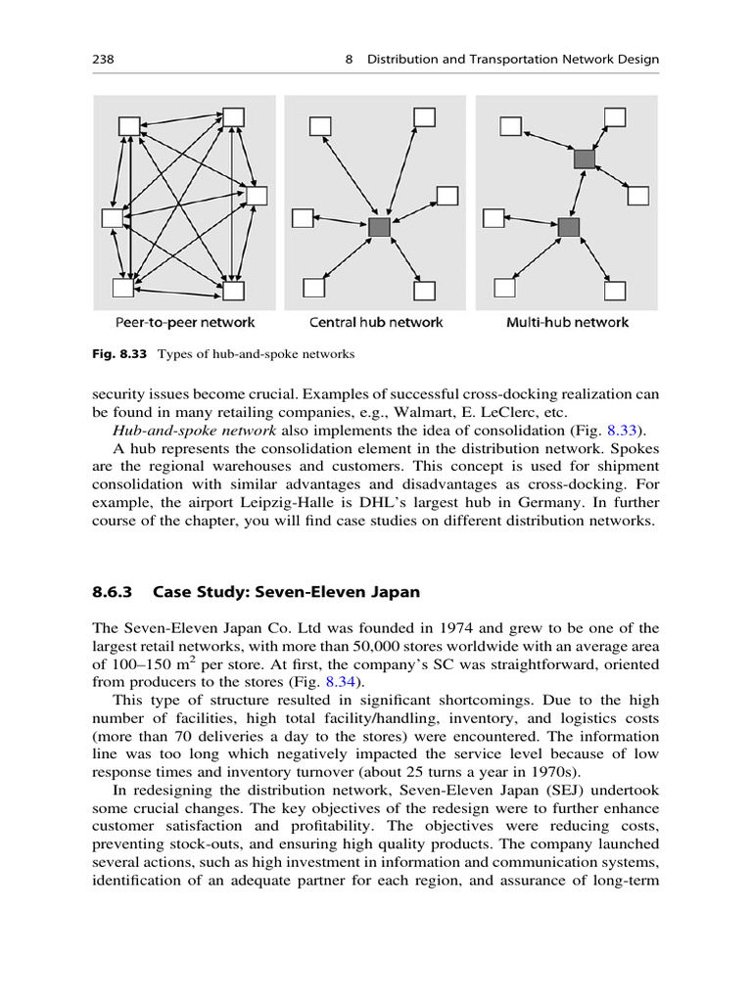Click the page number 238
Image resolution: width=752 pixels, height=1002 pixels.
(104, 60)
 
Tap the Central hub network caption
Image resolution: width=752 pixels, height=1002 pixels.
(376, 322)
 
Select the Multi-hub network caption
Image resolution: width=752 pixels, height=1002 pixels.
(567, 322)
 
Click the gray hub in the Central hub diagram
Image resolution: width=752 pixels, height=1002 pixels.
(379, 227)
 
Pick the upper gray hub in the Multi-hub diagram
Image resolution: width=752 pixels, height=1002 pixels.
(585, 158)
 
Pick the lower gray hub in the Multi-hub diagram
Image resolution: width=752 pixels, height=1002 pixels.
(569, 226)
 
